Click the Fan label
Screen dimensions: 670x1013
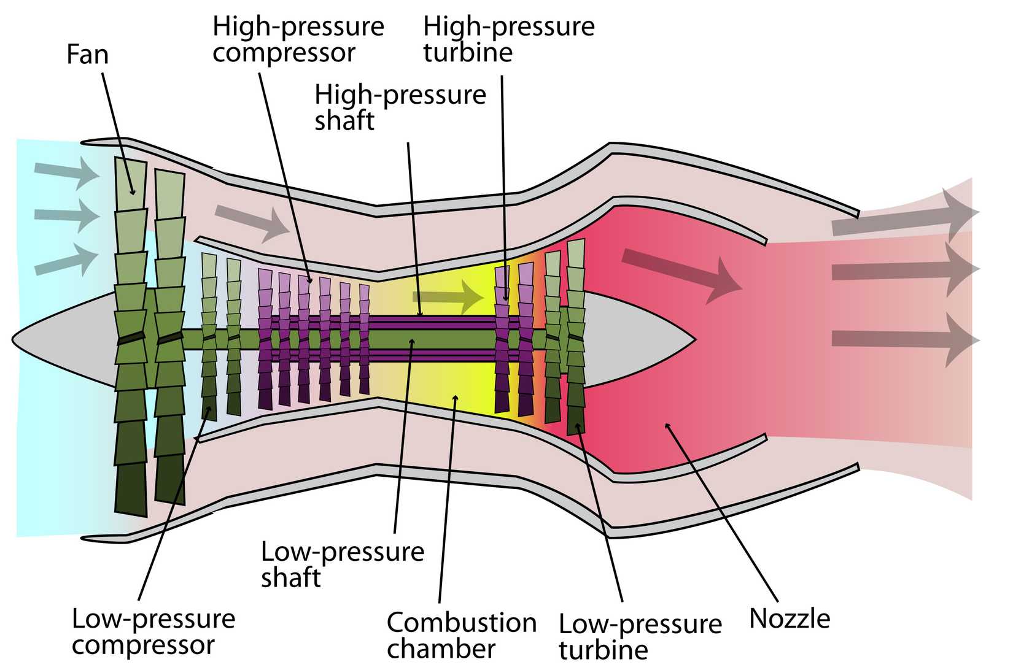click(x=87, y=54)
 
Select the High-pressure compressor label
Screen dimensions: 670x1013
click(x=298, y=39)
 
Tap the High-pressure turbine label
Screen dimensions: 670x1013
click(x=508, y=39)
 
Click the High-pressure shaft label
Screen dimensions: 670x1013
click(x=400, y=108)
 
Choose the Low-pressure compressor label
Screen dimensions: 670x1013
click(x=153, y=632)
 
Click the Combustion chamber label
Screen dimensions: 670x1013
click(x=461, y=636)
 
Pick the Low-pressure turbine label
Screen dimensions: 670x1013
click(x=640, y=637)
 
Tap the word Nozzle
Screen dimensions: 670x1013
click(x=790, y=618)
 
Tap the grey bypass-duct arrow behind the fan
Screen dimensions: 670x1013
click(x=252, y=221)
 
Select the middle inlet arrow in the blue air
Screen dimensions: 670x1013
click(x=66, y=214)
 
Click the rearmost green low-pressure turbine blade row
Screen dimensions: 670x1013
click(x=576, y=337)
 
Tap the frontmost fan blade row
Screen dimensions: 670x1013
click(x=131, y=337)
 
